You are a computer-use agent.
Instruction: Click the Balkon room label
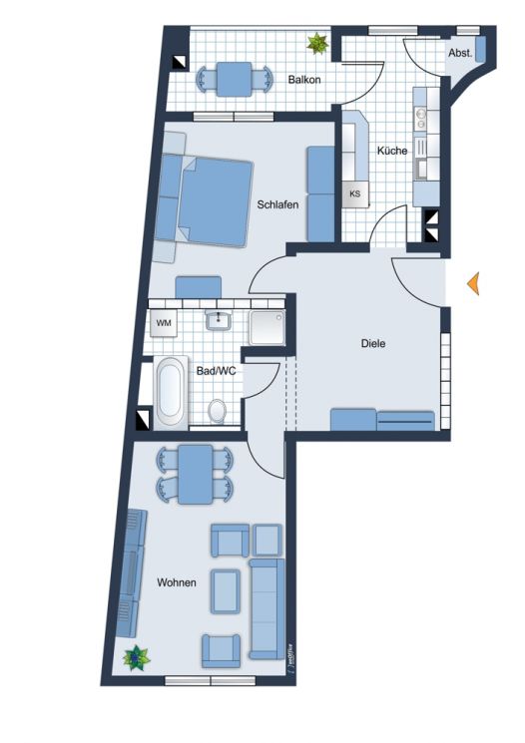tap(304, 79)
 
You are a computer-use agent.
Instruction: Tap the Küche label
tap(391, 151)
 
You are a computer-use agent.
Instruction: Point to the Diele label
tap(372, 343)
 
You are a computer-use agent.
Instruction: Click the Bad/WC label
tap(215, 371)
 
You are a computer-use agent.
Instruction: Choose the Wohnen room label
tap(176, 582)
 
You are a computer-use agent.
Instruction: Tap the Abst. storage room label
tap(459, 53)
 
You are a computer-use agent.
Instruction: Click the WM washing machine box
tap(163, 323)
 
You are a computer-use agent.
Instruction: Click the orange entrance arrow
tap(474, 283)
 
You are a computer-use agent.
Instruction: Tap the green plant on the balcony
tap(318, 43)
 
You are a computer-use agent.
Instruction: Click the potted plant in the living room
tap(134, 658)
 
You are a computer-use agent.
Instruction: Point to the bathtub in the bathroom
tap(169, 391)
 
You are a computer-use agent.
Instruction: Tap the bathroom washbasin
tap(218, 321)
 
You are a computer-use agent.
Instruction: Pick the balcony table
tap(236, 77)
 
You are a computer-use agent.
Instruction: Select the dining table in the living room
tap(195, 474)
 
